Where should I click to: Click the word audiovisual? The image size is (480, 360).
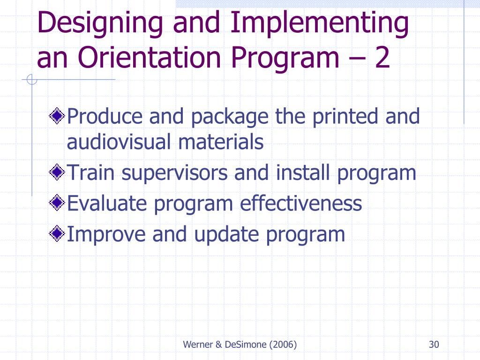pos(119,142)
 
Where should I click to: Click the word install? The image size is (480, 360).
pos(303,173)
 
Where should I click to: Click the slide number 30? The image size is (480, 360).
pos(434,345)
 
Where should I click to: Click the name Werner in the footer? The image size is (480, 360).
pos(198,345)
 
